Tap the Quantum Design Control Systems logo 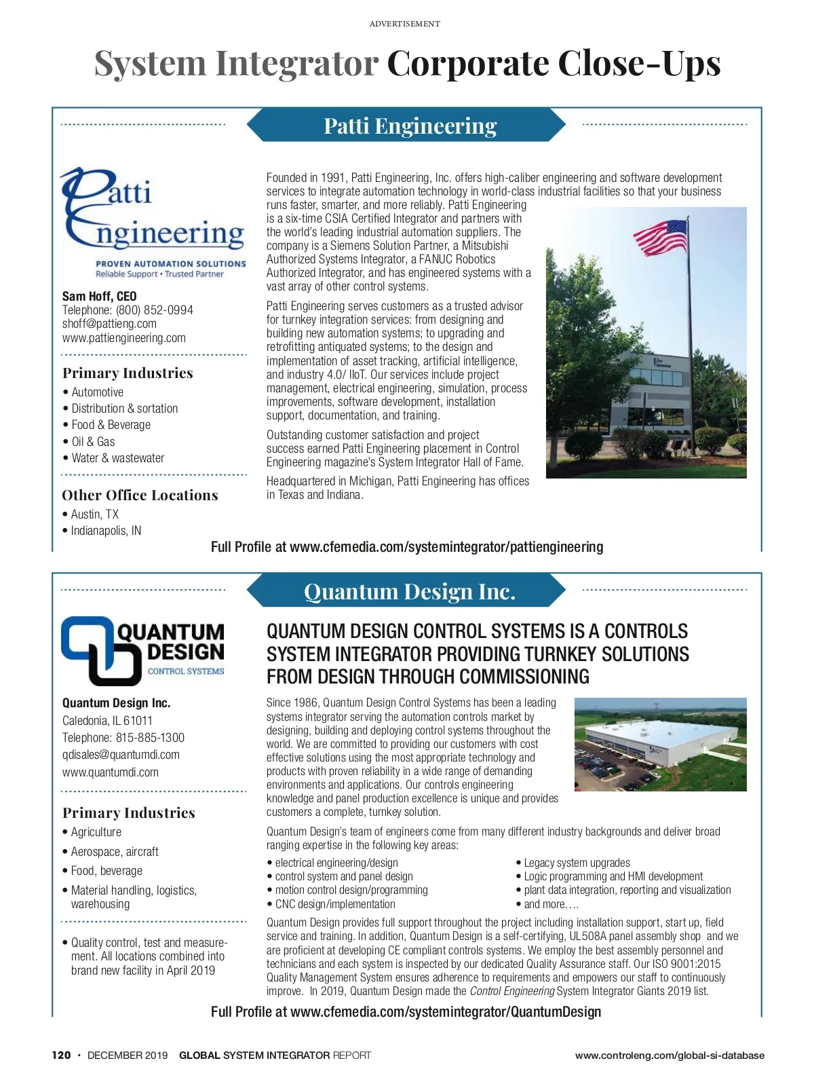click(x=142, y=650)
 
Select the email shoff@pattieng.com click(x=109, y=324)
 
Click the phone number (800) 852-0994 click(x=154, y=310)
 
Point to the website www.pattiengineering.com click(x=123, y=338)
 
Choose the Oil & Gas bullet click(x=93, y=441)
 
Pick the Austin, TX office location click(x=94, y=514)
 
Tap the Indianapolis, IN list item click(x=106, y=531)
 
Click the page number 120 click(x=61, y=1055)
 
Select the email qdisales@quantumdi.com click(x=121, y=755)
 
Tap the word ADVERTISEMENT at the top click(x=405, y=24)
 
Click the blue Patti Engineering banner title click(x=410, y=126)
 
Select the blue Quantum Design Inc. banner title click(x=410, y=592)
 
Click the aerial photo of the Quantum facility click(x=660, y=745)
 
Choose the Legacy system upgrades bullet click(x=577, y=863)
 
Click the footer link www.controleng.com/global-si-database click(x=670, y=1055)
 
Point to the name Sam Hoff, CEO click(x=99, y=297)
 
